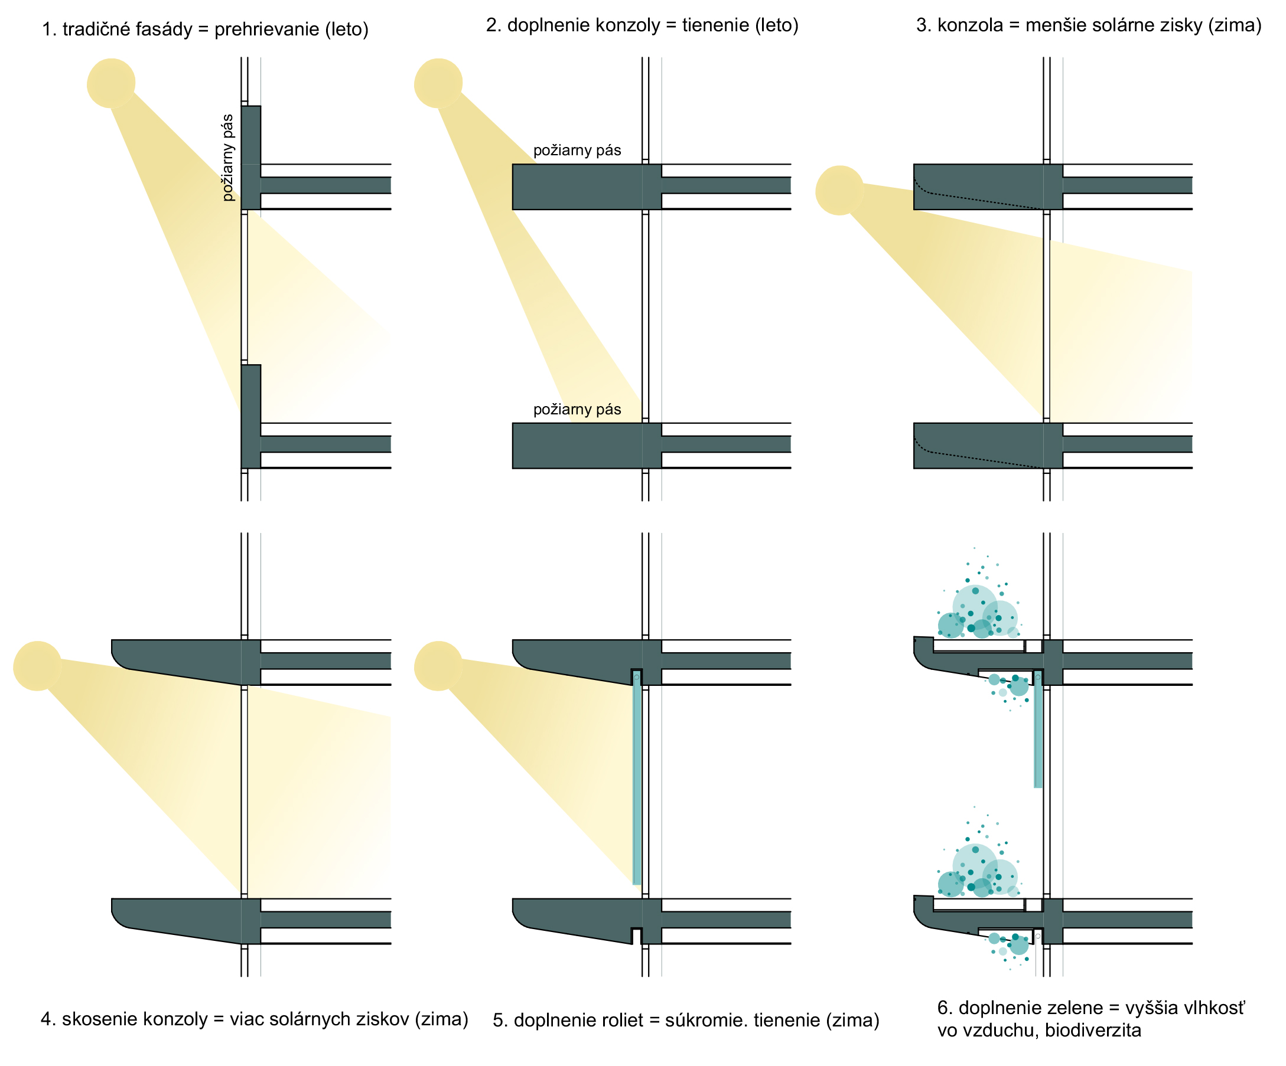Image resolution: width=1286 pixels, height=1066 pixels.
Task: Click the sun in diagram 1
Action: click(111, 83)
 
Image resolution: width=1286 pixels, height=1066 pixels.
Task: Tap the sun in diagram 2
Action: click(438, 83)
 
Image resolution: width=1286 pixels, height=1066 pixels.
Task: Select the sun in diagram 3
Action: click(839, 189)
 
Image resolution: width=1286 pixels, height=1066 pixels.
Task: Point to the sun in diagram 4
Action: click(37, 666)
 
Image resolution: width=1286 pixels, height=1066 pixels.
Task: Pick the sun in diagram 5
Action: click(438, 666)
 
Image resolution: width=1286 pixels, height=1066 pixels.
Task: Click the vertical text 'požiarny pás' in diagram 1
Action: click(229, 157)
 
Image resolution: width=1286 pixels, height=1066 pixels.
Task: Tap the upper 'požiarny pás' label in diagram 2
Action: click(577, 151)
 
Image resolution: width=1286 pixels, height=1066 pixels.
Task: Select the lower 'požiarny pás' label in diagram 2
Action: click(577, 410)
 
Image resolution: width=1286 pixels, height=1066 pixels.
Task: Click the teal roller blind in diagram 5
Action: click(637, 777)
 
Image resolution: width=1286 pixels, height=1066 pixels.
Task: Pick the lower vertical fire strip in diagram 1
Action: click(250, 416)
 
